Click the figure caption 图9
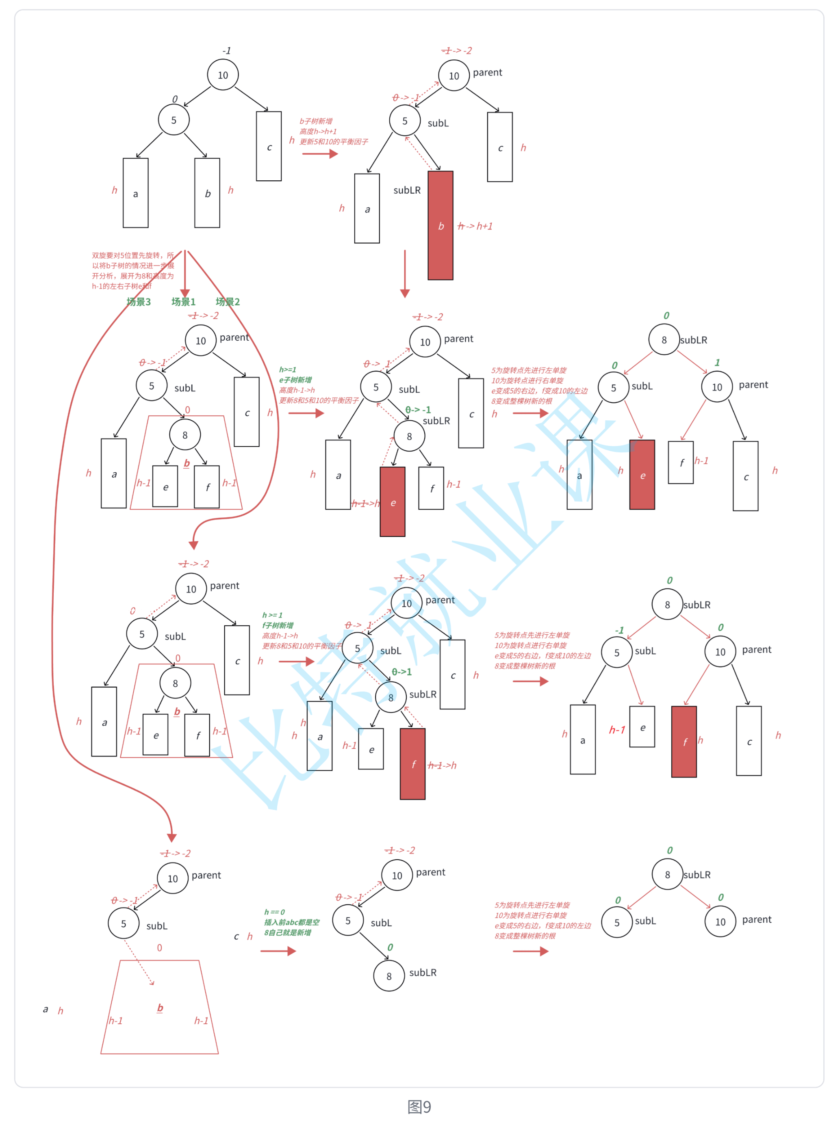click(x=419, y=1106)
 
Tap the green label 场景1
click(x=183, y=302)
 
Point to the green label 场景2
click(x=228, y=302)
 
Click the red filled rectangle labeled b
click(x=440, y=225)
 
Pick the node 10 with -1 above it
click(x=223, y=75)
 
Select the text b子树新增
click(x=316, y=121)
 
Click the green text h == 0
click(x=275, y=912)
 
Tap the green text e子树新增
click(x=295, y=380)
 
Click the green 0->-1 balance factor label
click(x=418, y=410)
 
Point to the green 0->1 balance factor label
click(x=401, y=672)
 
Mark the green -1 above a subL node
click(x=619, y=630)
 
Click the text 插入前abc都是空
click(x=292, y=922)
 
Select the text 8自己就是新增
click(x=288, y=932)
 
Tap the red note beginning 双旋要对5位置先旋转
click(x=133, y=270)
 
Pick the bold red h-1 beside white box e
click(x=617, y=730)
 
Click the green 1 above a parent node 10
click(x=717, y=362)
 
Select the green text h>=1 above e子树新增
click(x=288, y=370)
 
